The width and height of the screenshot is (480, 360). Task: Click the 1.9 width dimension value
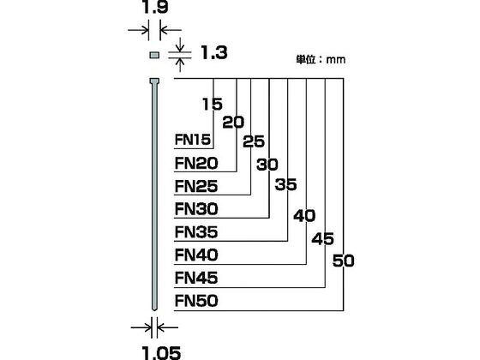click(155, 7)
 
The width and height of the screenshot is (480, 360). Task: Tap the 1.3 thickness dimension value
click(214, 52)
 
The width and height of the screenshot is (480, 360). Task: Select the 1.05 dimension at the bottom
click(162, 353)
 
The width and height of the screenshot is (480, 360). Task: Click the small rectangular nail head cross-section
click(154, 55)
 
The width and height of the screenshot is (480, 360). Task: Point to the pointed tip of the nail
click(154, 309)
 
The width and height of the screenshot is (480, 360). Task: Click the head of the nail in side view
click(154, 81)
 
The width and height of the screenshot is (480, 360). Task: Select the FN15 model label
click(193, 140)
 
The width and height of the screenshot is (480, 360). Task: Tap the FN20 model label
click(196, 163)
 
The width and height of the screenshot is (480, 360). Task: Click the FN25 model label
click(196, 186)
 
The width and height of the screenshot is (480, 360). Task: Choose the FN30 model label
click(196, 209)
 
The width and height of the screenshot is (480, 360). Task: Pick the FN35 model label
click(196, 232)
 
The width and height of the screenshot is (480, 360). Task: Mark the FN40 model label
click(196, 255)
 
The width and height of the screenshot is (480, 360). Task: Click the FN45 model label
click(196, 278)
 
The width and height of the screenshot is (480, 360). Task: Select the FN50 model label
click(196, 301)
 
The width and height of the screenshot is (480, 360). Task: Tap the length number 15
click(213, 104)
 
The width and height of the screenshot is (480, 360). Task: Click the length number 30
click(267, 165)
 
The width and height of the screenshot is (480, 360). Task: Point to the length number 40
click(304, 216)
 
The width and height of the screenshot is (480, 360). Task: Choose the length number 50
click(344, 261)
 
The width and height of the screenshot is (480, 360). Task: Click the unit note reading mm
click(336, 60)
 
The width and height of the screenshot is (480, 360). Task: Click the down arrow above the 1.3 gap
click(180, 45)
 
